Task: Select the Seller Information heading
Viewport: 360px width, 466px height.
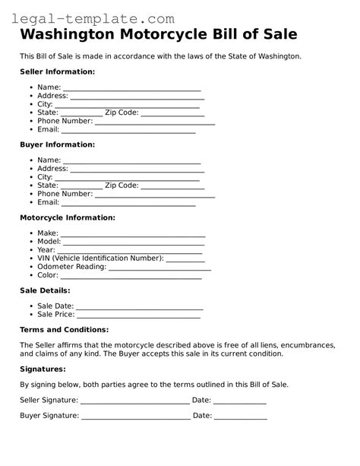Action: (57, 71)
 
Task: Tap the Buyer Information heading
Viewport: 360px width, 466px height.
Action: (57, 144)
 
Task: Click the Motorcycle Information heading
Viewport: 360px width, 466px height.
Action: (67, 217)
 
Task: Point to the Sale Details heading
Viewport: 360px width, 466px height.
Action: (45, 290)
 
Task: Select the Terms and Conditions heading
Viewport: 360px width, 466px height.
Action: (64, 330)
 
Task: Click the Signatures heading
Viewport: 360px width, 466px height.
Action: (43, 369)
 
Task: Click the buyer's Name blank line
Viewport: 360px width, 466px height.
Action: (131, 162)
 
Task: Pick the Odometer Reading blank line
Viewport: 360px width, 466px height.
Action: (159, 268)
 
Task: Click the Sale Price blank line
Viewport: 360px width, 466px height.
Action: (140, 315)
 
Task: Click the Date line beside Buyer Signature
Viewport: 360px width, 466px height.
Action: (240, 418)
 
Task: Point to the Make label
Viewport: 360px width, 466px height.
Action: (47, 233)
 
